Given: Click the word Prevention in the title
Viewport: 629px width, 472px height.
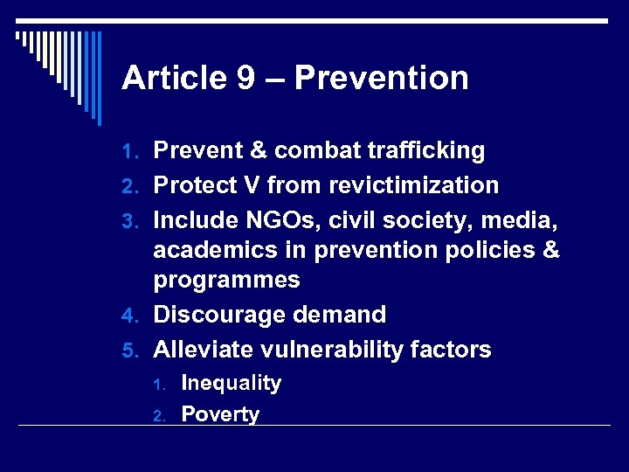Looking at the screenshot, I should pos(381,79).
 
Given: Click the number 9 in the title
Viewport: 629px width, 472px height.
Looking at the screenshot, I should pos(245,79).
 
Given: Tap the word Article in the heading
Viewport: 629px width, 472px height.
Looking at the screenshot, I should pos(173,79).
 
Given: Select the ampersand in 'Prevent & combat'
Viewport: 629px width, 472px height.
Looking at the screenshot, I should pos(258,151).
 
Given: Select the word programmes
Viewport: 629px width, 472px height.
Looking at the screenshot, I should pos(226,281).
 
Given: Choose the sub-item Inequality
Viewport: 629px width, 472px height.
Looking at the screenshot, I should pos(231,383).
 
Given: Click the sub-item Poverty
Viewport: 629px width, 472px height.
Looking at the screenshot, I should pos(219,414).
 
